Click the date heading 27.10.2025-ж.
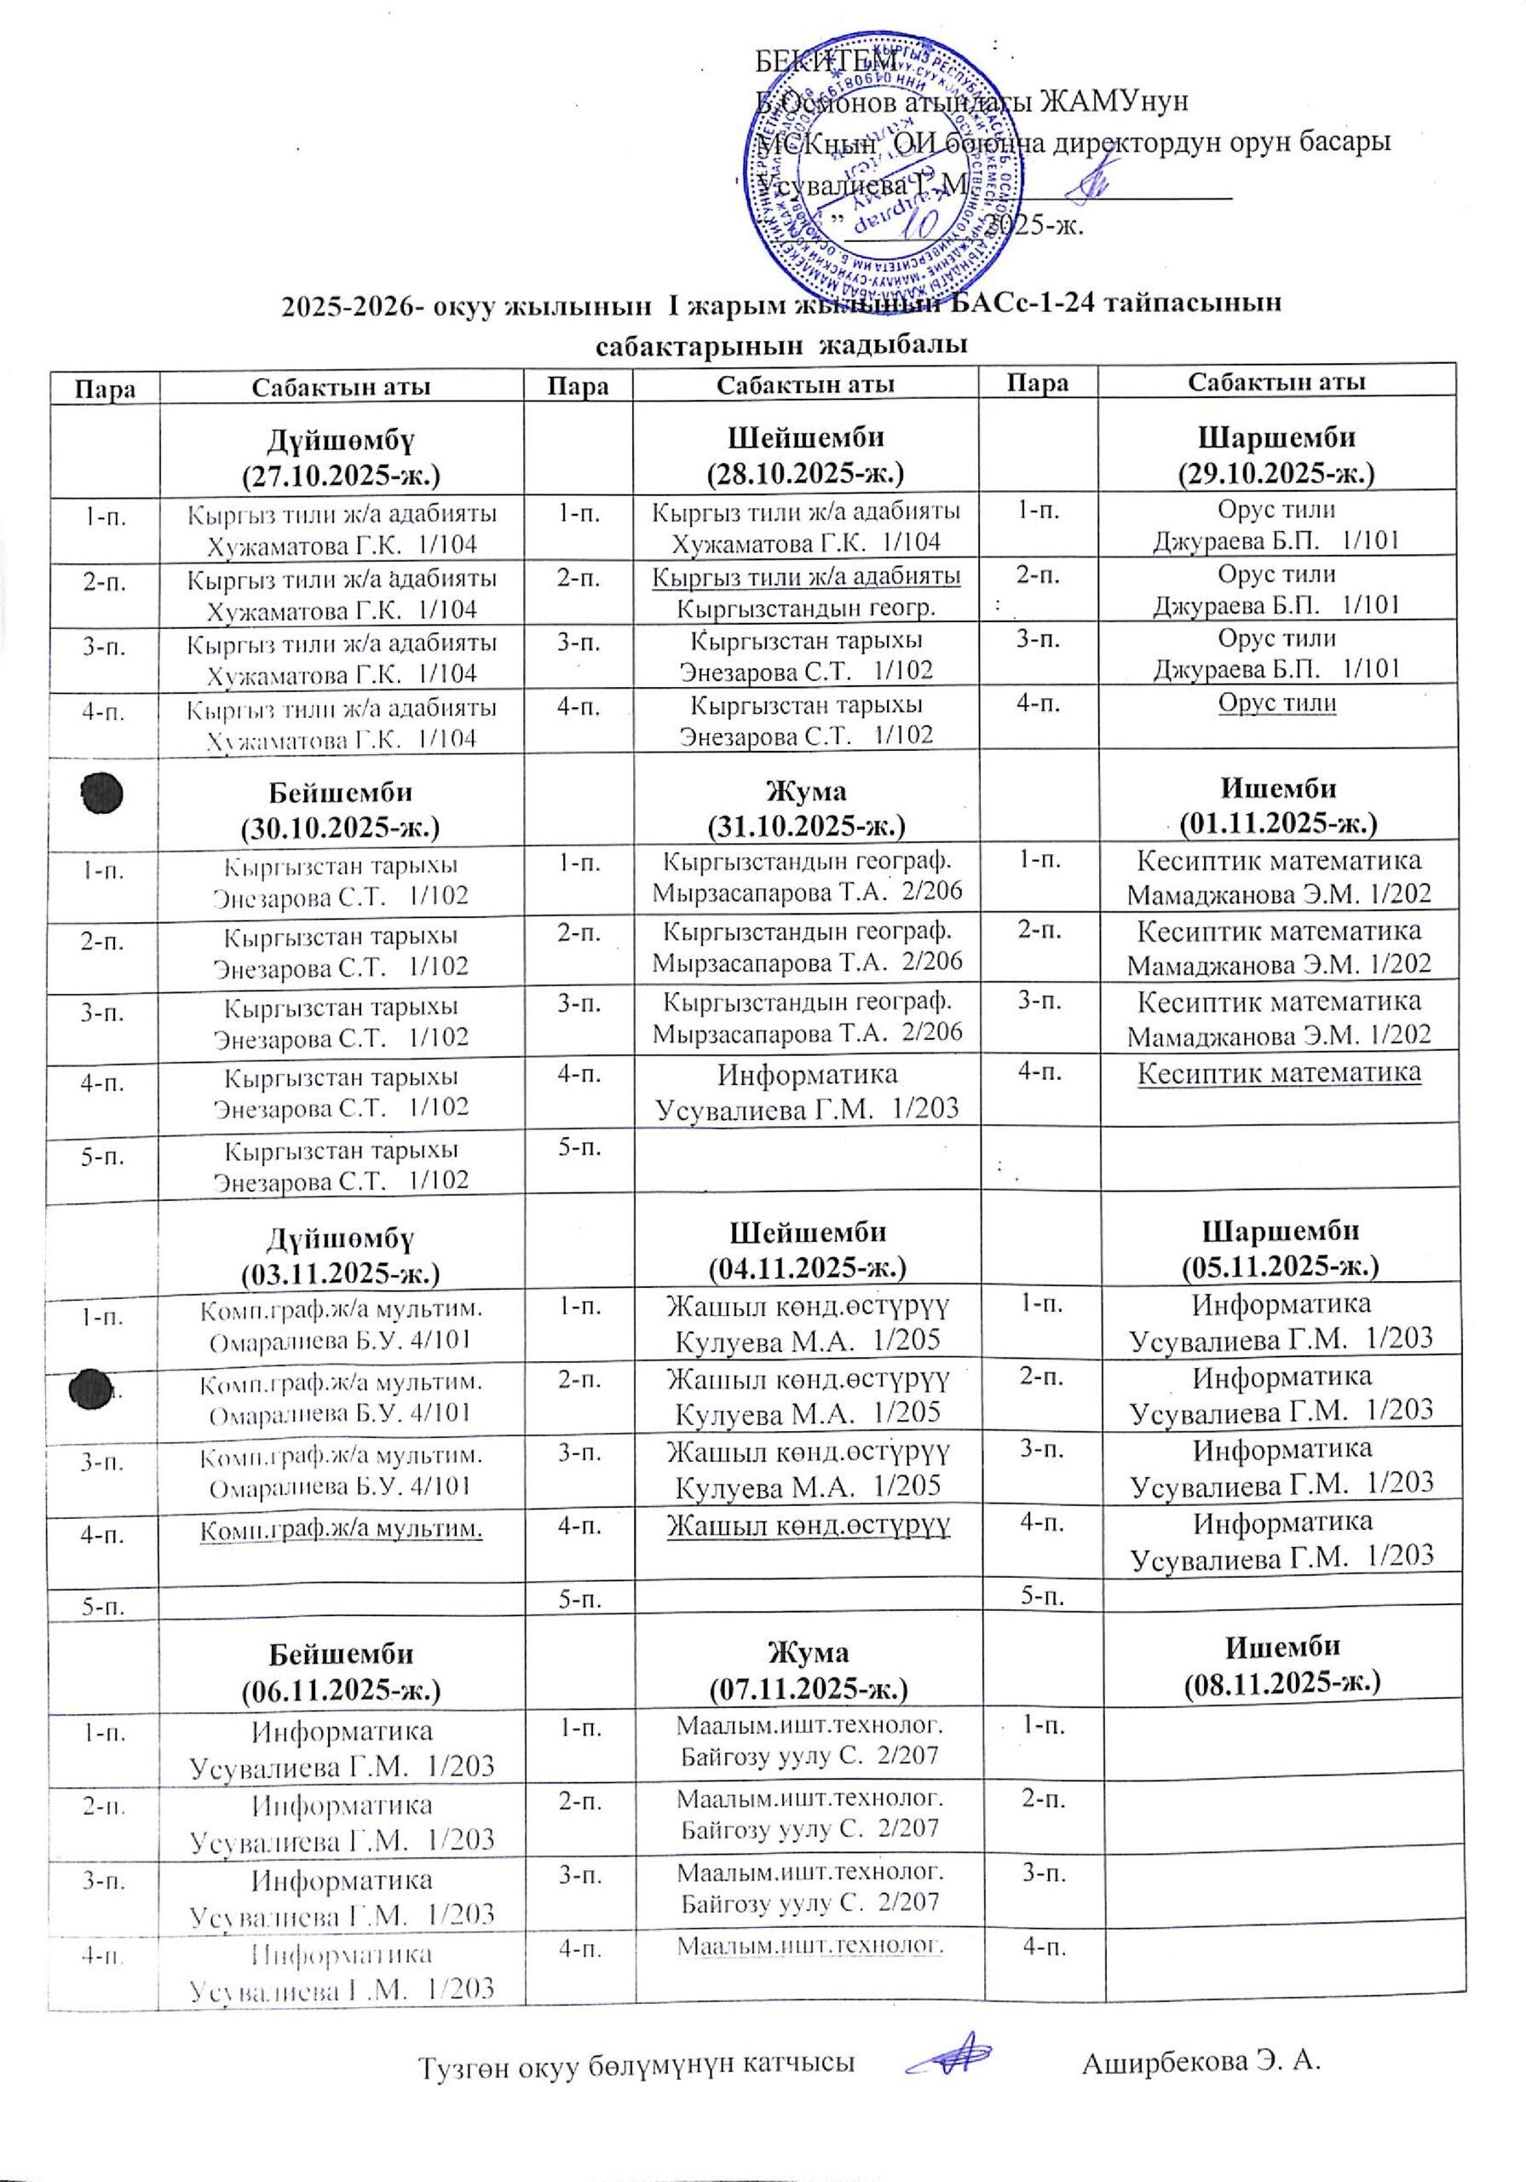342,474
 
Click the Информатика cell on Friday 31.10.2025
807,1091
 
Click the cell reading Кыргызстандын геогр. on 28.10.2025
806,607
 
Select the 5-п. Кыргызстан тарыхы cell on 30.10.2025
341,1165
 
